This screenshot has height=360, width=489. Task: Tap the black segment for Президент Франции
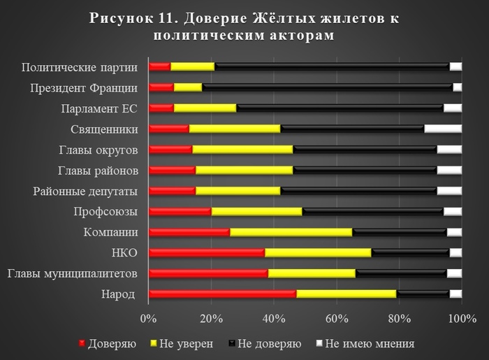[x=327, y=87]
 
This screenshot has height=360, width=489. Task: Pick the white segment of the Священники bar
[x=443, y=129]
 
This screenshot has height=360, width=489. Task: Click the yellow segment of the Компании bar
[x=291, y=232]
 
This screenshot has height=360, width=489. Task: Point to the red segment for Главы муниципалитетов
[x=208, y=273]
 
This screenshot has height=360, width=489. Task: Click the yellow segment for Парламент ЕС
[x=205, y=108]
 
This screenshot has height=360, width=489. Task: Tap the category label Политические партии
[x=78, y=67]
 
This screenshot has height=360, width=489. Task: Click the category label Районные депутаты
[x=85, y=191]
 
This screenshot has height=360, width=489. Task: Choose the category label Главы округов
[x=97, y=150]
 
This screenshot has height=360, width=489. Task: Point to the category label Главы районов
[x=97, y=171]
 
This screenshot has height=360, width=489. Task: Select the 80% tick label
[x=399, y=319]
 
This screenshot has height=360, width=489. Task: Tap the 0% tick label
[x=148, y=319]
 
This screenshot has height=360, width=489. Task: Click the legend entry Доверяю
[x=111, y=343]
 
